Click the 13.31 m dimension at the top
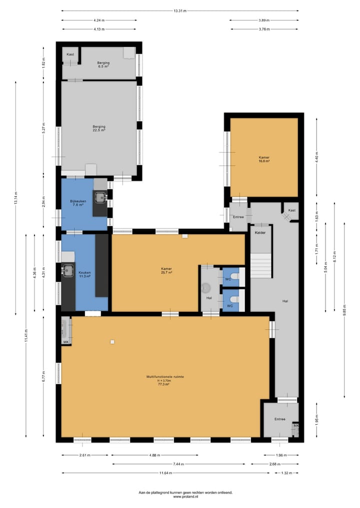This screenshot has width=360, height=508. tap(180, 11)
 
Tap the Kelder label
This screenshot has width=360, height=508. tap(260, 233)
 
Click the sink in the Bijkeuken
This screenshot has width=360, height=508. tap(100, 197)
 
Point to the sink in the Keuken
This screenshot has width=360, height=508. tap(68, 270)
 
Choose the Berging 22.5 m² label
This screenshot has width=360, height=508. tap(98, 128)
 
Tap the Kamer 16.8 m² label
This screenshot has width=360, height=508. tap(264, 159)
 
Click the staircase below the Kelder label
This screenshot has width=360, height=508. tap(260, 265)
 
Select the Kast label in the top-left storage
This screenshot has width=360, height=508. tap(70, 54)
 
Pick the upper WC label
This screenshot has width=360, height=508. tap(228, 279)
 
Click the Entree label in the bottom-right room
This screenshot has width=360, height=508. tap(279, 419)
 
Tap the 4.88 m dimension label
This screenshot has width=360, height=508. tap(154, 455)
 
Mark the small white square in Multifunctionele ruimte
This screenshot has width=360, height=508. tap(113, 341)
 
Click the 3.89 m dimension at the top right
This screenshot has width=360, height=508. tap(264, 20)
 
